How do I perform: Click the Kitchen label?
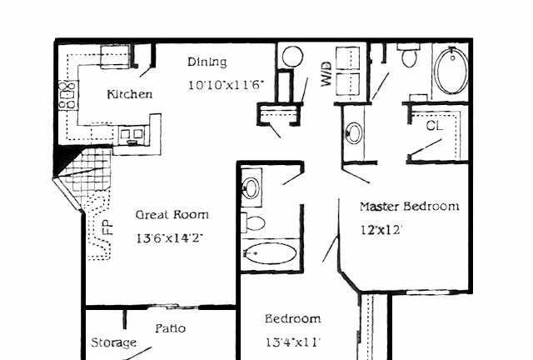[x=130, y=94]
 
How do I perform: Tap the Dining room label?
[x=207, y=62]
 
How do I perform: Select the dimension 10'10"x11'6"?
[x=226, y=85]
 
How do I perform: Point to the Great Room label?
[x=172, y=215]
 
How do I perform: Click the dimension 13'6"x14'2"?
[x=170, y=237]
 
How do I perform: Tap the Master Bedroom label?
[x=410, y=206]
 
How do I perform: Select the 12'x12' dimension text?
[x=381, y=230]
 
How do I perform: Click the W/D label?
[x=326, y=74]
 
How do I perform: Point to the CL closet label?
[x=435, y=126]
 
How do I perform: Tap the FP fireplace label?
[x=107, y=227]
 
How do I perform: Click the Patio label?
[x=170, y=328]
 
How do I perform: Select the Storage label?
[x=113, y=342]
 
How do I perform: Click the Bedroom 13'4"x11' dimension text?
[x=292, y=342]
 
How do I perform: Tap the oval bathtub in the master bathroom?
[x=451, y=71]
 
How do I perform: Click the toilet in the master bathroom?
[x=409, y=55]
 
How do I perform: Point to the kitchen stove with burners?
[x=68, y=95]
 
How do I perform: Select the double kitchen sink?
[x=132, y=136]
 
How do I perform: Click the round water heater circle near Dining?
[x=292, y=57]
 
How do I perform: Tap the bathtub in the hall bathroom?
[x=271, y=253]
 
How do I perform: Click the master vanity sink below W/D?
[x=354, y=132]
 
